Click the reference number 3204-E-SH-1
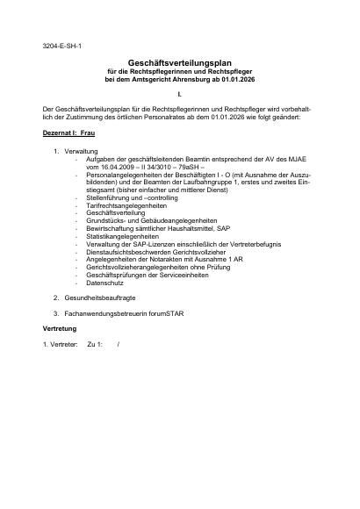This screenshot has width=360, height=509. [63, 44]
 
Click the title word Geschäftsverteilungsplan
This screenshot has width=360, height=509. [178, 64]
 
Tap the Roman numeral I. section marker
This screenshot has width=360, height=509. [178, 93]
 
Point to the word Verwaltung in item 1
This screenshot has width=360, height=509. [82, 151]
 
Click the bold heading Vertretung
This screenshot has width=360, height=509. [60, 327]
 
